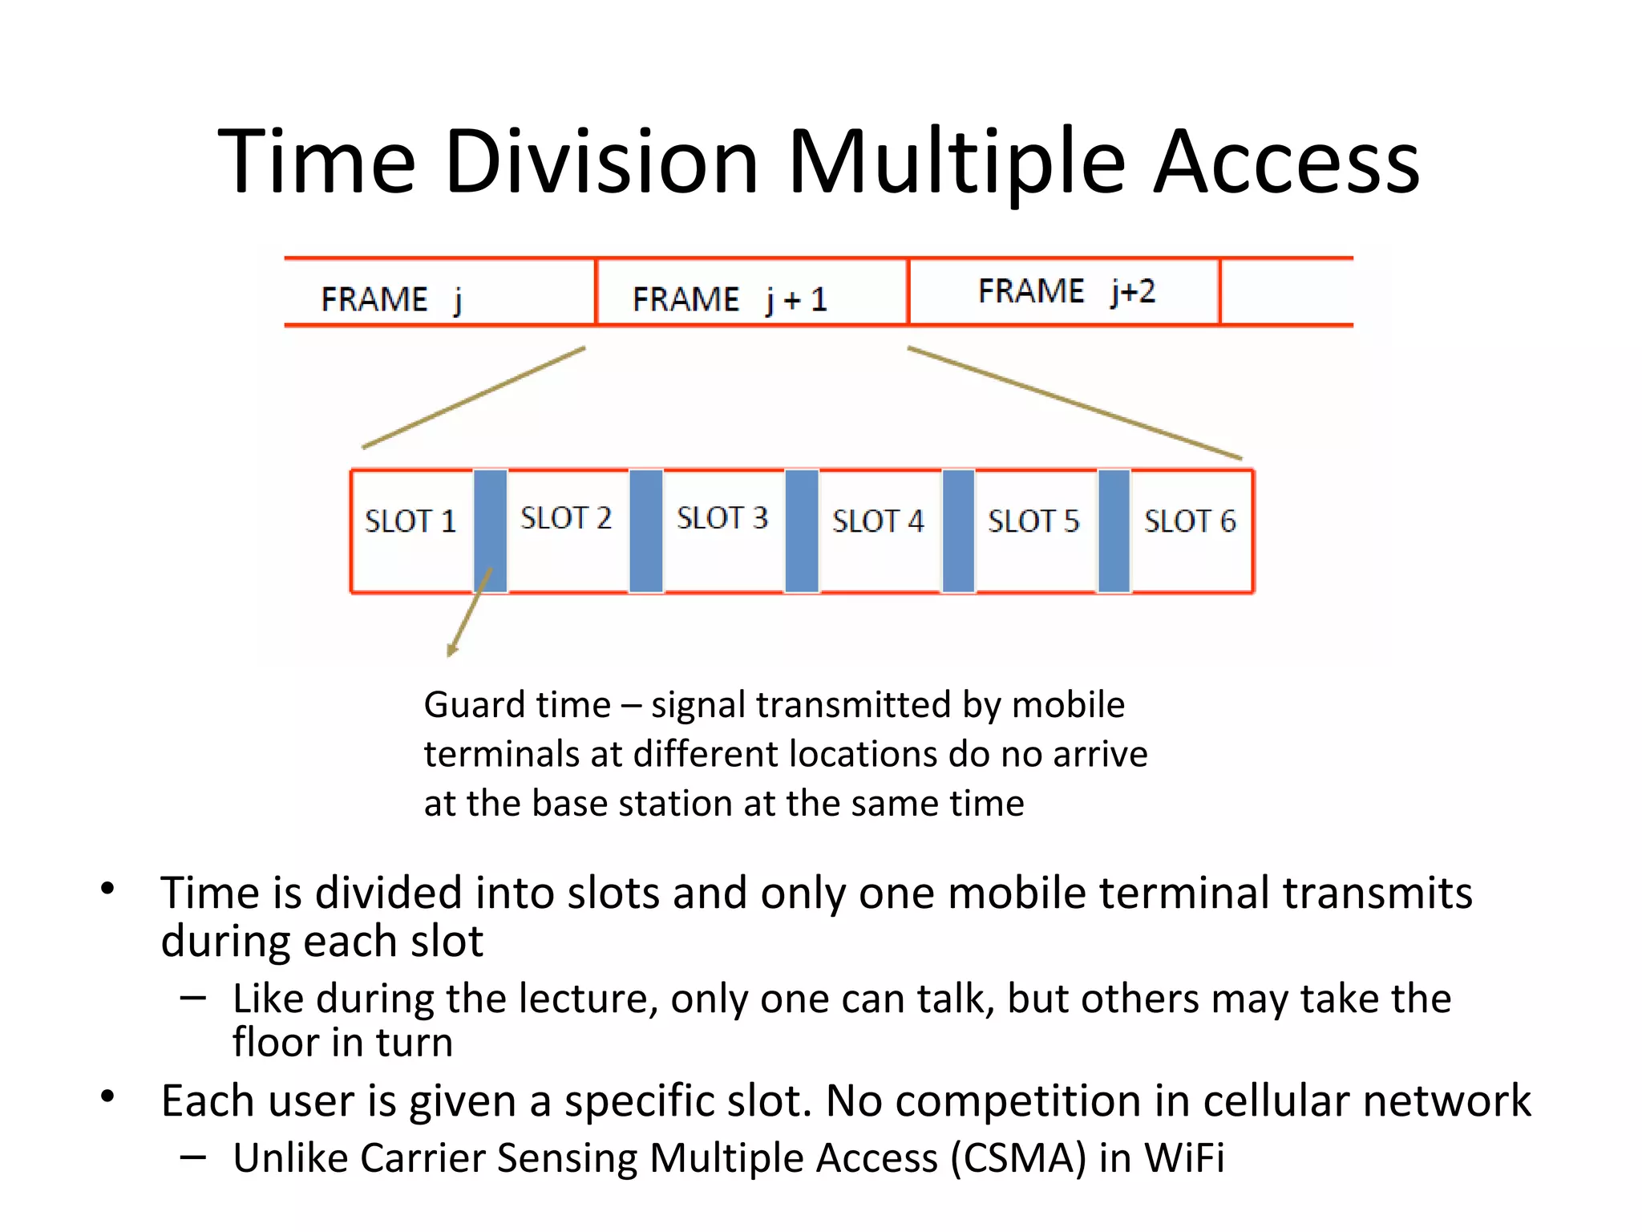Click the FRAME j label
pos(391,299)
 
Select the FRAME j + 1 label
pos(729,299)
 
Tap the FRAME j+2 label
pos(1066,291)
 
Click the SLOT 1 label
pos(410,521)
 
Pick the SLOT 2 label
pos(565,518)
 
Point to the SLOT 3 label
pos(722,518)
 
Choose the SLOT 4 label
pos(878,521)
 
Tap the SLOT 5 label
pos(1033,521)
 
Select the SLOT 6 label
pos(1190,521)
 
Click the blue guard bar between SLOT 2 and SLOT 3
pos(646,531)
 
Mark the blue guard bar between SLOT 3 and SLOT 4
pos(802,531)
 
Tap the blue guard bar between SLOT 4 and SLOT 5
pos(958,531)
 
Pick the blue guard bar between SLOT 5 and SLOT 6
pos(1114,531)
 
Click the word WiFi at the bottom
pos(1183,1158)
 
